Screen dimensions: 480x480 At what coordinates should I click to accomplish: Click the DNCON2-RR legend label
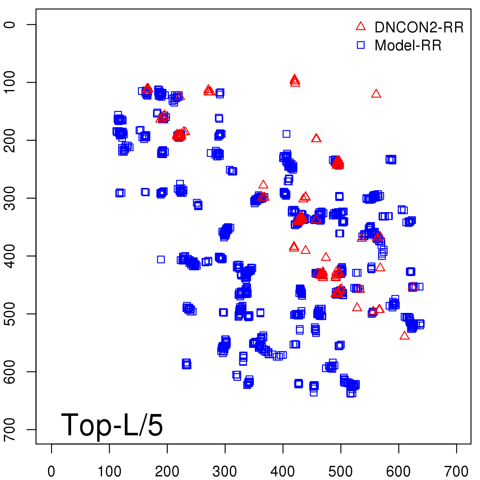point(419,28)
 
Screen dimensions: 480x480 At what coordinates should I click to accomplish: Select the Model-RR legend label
point(408,46)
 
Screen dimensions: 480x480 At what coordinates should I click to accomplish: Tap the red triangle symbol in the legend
point(361,26)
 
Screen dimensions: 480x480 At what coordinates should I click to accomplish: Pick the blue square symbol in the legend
point(361,45)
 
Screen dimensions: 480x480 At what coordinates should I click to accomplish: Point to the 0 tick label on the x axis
point(51,472)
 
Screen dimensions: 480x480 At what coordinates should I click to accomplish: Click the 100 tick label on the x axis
point(109,472)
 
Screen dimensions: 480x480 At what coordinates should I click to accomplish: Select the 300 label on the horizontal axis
point(225,472)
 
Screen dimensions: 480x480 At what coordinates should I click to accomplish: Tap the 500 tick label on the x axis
point(341,472)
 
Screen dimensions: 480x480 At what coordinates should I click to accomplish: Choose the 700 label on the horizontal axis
point(456,472)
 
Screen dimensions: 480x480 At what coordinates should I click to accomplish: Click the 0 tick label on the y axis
point(10,25)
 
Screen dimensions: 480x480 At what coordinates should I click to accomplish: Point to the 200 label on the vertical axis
point(10,140)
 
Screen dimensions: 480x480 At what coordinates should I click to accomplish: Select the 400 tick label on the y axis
point(10,256)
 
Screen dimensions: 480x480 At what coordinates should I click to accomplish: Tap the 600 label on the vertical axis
point(10,371)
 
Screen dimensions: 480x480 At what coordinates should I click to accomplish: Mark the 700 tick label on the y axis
point(10,429)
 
